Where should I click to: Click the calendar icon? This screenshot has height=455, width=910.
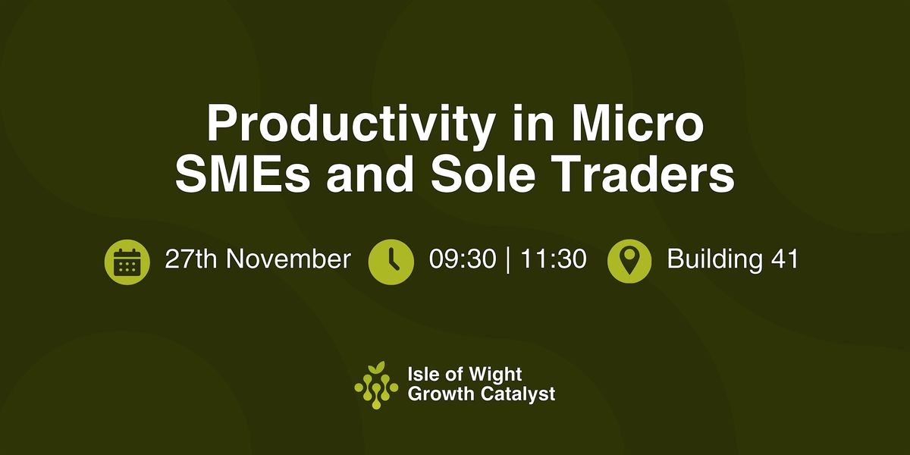click(x=125, y=262)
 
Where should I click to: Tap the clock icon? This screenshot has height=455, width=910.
click(x=391, y=262)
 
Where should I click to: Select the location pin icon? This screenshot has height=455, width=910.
click(x=629, y=262)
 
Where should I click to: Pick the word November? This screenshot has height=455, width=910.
click(x=289, y=259)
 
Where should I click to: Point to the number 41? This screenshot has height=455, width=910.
click(x=783, y=259)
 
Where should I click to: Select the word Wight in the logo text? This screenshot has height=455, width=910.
click(x=496, y=375)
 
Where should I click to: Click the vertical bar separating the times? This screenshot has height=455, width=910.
click(x=506, y=259)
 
